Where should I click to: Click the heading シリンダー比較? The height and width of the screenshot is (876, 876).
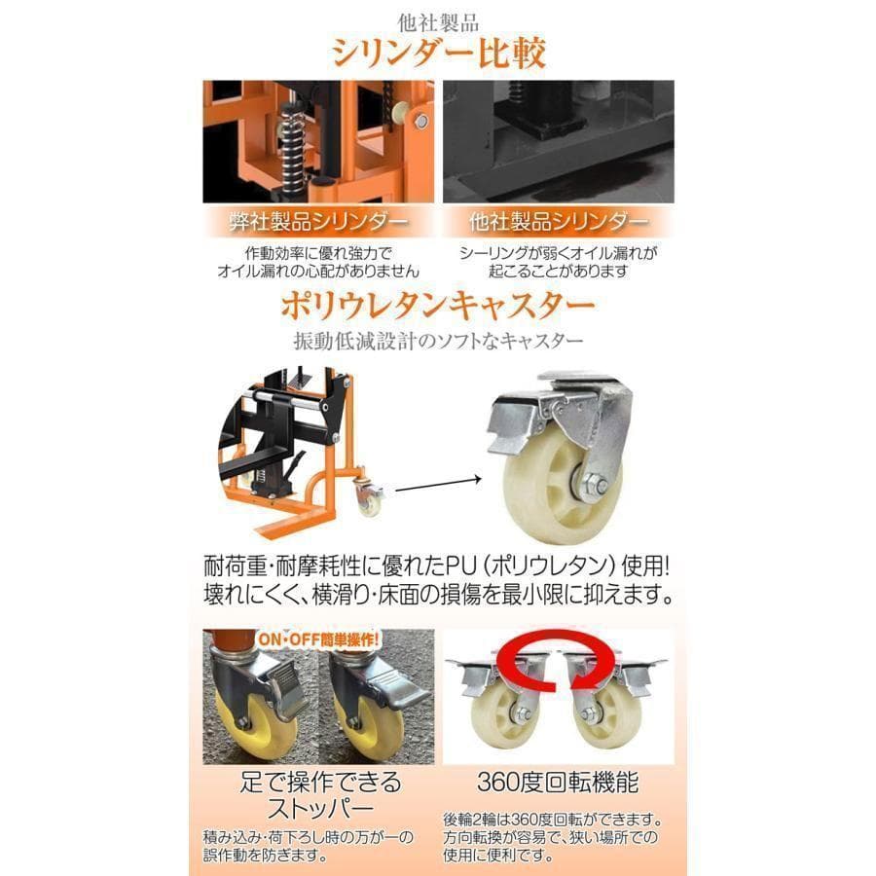[438, 50]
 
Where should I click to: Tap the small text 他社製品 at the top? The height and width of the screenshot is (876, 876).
[438, 18]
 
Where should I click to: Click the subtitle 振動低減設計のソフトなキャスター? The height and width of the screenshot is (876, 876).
[438, 342]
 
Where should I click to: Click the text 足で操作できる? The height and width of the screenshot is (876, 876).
[320, 782]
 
